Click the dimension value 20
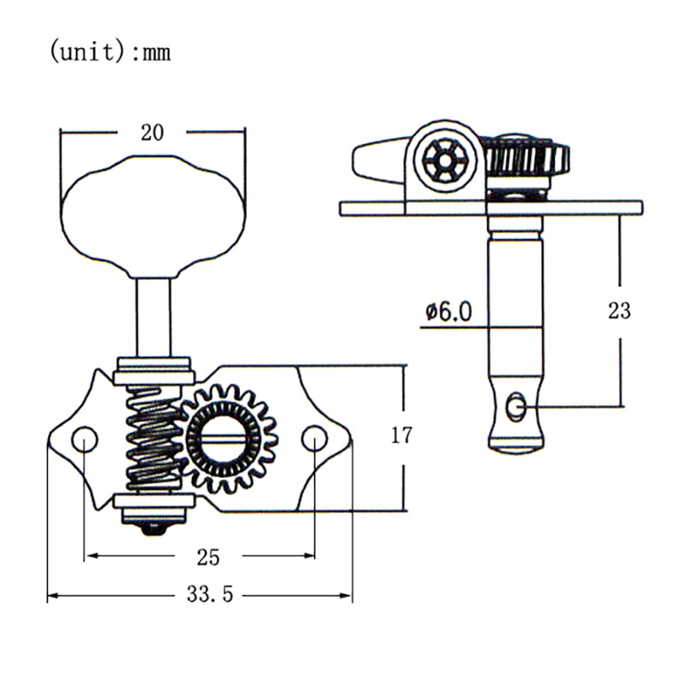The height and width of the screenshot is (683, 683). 152,132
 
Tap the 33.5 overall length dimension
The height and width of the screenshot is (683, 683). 210,593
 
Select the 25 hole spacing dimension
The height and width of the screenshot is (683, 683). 207,557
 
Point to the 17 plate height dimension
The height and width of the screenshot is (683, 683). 400,435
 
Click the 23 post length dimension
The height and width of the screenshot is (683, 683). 619,311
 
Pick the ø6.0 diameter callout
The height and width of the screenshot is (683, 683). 448,312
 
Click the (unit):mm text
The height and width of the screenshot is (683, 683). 110,52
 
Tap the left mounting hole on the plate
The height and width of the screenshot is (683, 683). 85,439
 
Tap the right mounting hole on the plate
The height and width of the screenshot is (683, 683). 314,439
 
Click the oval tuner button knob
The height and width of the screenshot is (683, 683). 153,217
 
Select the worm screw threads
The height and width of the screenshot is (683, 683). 154,440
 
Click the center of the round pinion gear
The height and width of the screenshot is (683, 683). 224,439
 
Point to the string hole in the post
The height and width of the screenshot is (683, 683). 517,407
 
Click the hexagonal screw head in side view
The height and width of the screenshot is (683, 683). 444,161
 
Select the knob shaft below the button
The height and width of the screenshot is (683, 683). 153,318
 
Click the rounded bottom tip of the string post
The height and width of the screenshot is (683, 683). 517,449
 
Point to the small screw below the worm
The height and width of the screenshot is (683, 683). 153,528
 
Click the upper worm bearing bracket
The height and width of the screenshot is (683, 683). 153,371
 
